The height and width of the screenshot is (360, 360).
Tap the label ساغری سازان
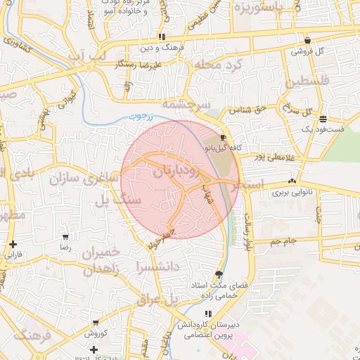[82, 178]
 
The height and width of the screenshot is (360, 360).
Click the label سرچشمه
[186, 104]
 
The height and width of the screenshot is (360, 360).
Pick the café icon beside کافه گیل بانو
[223, 138]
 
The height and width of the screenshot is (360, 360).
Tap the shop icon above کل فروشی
[307, 41]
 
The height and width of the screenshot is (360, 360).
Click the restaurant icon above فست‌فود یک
[323, 119]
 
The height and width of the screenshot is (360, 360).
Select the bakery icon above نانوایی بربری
[292, 181]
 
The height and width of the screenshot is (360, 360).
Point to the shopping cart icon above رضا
[65, 237]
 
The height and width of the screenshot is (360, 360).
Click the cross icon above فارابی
[13, 244]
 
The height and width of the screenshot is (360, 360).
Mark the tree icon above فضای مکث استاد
[219, 275]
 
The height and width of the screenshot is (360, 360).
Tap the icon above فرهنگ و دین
[162, 37]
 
